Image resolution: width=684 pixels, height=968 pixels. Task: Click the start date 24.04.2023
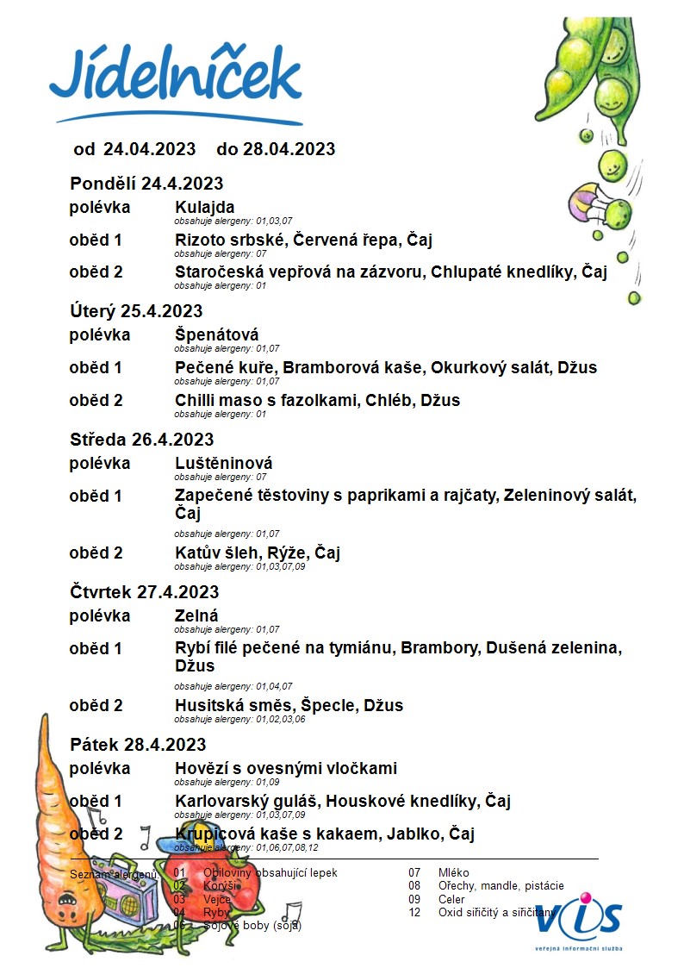click(x=150, y=149)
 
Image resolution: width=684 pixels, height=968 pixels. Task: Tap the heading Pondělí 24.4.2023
click(x=146, y=184)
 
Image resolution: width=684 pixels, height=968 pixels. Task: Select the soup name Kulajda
click(x=204, y=208)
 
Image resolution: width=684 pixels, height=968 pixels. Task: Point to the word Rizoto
click(x=201, y=240)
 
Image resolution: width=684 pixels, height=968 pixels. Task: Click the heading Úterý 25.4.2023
click(x=136, y=311)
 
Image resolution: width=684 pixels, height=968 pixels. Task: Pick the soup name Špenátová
click(x=216, y=335)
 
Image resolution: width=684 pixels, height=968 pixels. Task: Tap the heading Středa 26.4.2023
click(x=141, y=440)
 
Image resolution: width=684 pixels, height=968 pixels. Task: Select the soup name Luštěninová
click(x=223, y=464)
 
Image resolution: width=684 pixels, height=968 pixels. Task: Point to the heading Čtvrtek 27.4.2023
click(x=144, y=592)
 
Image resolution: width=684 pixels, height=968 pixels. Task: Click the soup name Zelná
click(x=196, y=616)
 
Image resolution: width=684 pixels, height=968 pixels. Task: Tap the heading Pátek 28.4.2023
click(x=137, y=745)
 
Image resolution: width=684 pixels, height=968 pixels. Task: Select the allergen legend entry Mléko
click(x=453, y=873)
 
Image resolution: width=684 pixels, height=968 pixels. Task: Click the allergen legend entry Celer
click(x=451, y=899)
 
